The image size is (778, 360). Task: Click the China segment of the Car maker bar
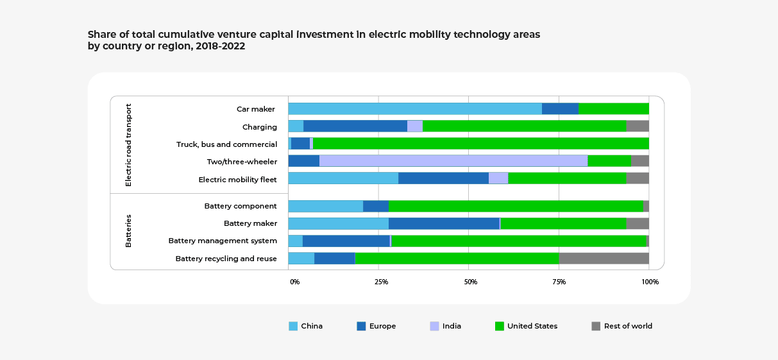[415, 108]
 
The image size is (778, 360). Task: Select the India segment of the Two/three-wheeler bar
[453, 161]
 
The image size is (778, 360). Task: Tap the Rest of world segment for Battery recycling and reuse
[604, 258]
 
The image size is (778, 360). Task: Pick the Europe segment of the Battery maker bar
[444, 223]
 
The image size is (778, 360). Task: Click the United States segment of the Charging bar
[524, 126]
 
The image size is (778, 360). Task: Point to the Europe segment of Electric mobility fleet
[443, 178]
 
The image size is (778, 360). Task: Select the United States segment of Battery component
[516, 206]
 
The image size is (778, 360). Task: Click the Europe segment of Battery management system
[346, 241]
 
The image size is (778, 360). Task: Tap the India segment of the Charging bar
[415, 126]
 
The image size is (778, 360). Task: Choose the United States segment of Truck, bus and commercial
[480, 144]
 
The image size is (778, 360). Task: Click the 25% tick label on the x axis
[381, 282]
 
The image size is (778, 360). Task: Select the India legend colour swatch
[434, 326]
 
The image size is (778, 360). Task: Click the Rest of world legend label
[628, 326]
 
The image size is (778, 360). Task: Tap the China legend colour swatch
[293, 326]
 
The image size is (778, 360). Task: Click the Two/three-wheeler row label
[242, 162]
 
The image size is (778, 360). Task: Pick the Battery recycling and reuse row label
[226, 259]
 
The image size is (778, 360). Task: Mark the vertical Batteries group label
[128, 231]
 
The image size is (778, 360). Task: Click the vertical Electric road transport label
[128, 145]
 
